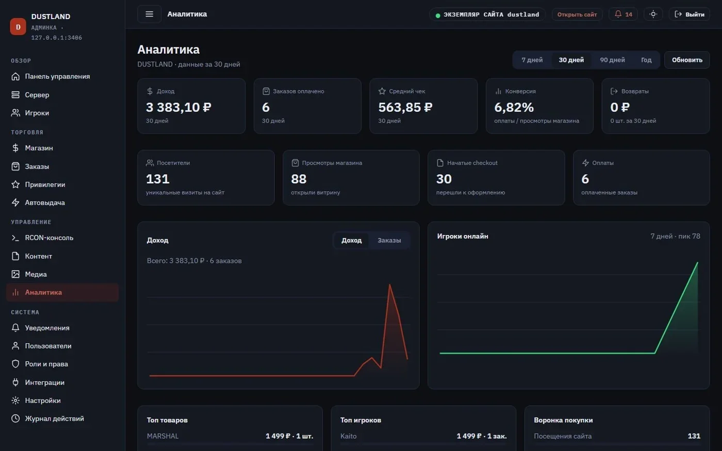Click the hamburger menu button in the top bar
click(149, 14)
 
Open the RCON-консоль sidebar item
click(49, 238)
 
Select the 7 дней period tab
click(532, 60)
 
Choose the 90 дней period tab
click(612, 60)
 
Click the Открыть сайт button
click(577, 14)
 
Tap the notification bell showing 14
click(623, 14)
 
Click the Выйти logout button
click(689, 14)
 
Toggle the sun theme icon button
click(653, 14)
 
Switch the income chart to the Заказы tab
click(389, 240)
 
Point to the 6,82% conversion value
click(514, 107)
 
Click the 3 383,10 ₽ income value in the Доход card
click(178, 107)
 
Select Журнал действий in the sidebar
click(54, 419)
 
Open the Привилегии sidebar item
click(45, 185)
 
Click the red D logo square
click(18, 27)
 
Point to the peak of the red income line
click(389, 285)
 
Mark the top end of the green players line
click(697, 262)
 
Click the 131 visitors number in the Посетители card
click(158, 179)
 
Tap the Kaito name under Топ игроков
click(349, 436)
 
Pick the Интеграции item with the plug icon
click(44, 382)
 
